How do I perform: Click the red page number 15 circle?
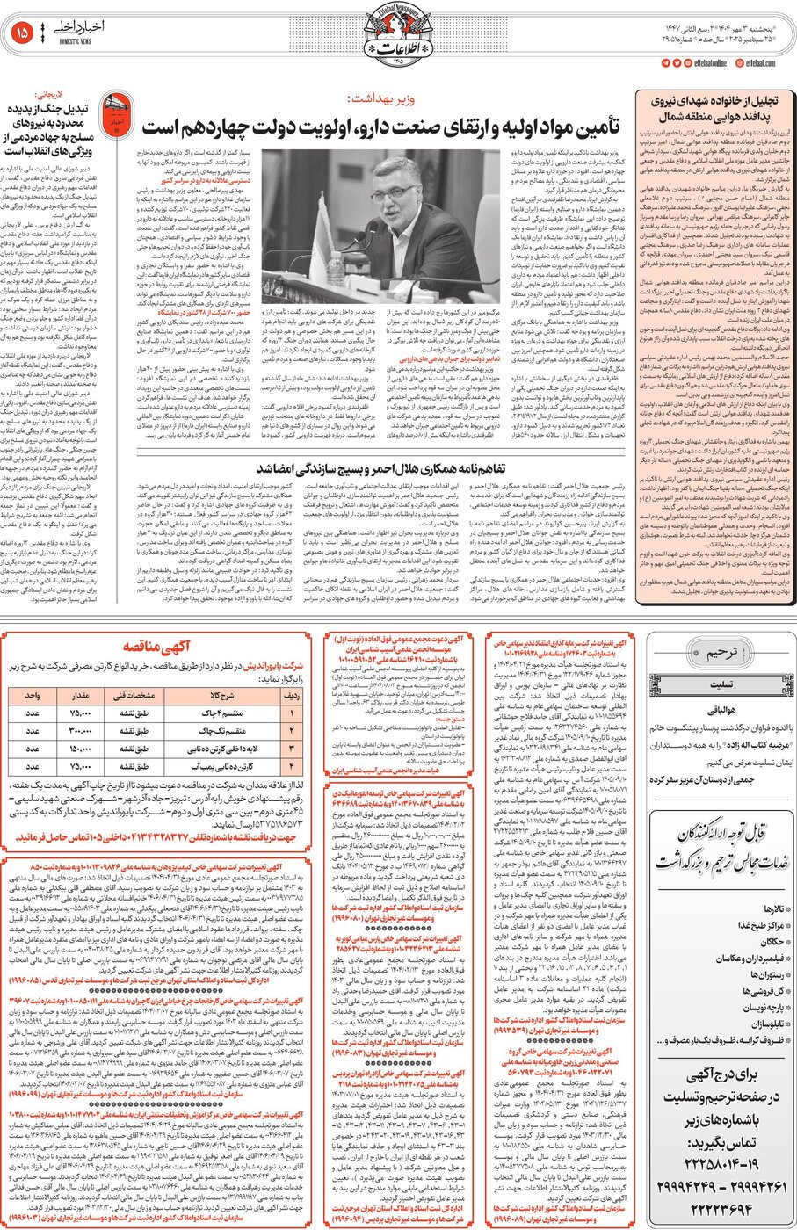pyautogui.click(x=22, y=33)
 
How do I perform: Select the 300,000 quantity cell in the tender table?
pyautogui.click(x=80, y=730)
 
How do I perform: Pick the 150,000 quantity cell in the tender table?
pyautogui.click(x=80, y=749)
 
